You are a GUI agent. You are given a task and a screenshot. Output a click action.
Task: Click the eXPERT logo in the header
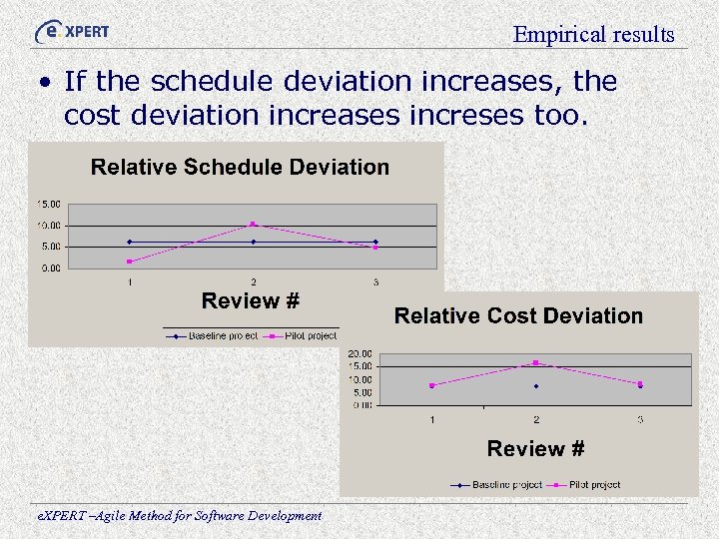(71, 31)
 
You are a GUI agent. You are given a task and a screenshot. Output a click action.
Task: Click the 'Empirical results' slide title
(593, 34)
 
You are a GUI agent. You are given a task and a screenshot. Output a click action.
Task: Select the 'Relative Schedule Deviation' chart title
(240, 167)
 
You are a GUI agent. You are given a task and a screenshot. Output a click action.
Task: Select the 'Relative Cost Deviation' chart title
(518, 315)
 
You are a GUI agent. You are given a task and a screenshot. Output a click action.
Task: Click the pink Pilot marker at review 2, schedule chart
(253, 224)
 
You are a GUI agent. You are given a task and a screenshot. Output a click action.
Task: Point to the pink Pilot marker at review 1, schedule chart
(130, 262)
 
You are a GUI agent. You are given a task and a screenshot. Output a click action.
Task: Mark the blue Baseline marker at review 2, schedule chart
(253, 242)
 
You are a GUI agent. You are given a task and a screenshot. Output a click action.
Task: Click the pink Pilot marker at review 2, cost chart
(536, 362)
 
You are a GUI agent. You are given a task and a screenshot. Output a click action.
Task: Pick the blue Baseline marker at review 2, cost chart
(536, 386)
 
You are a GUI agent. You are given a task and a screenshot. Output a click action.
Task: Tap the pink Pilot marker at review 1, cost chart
(432, 385)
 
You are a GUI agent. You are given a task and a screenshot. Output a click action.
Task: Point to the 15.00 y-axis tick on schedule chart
(48, 204)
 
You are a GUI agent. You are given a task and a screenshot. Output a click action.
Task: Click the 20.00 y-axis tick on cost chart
(359, 353)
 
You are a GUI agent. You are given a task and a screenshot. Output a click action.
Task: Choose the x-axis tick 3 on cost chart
(640, 419)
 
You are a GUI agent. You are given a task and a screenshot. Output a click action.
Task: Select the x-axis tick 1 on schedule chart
(130, 282)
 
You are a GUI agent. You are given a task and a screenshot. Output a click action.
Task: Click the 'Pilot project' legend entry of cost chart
(594, 484)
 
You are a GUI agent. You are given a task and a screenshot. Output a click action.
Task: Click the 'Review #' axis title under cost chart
(535, 449)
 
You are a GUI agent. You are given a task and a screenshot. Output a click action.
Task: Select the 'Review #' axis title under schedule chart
(250, 300)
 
